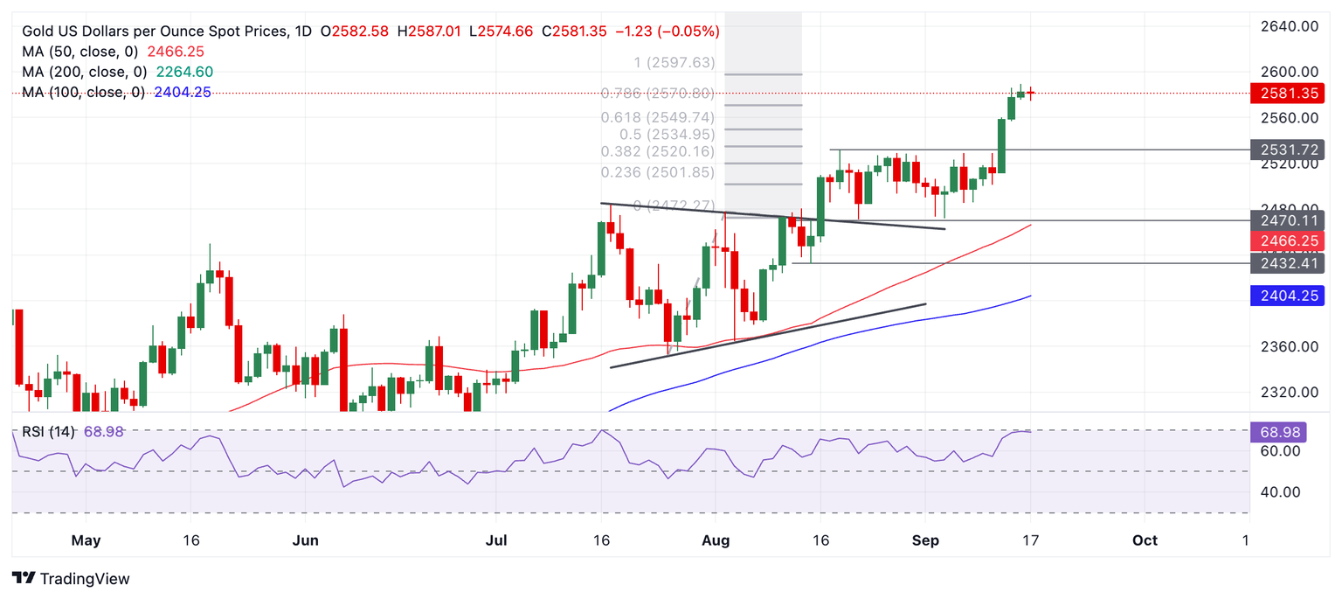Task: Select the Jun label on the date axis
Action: coord(305,540)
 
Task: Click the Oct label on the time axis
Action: coord(1145,540)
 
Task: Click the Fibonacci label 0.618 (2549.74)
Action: coord(657,118)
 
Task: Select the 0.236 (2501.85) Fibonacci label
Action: coord(657,172)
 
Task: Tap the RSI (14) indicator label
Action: coord(48,431)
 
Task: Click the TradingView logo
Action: coord(72,579)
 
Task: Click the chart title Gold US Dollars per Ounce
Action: coord(154,31)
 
